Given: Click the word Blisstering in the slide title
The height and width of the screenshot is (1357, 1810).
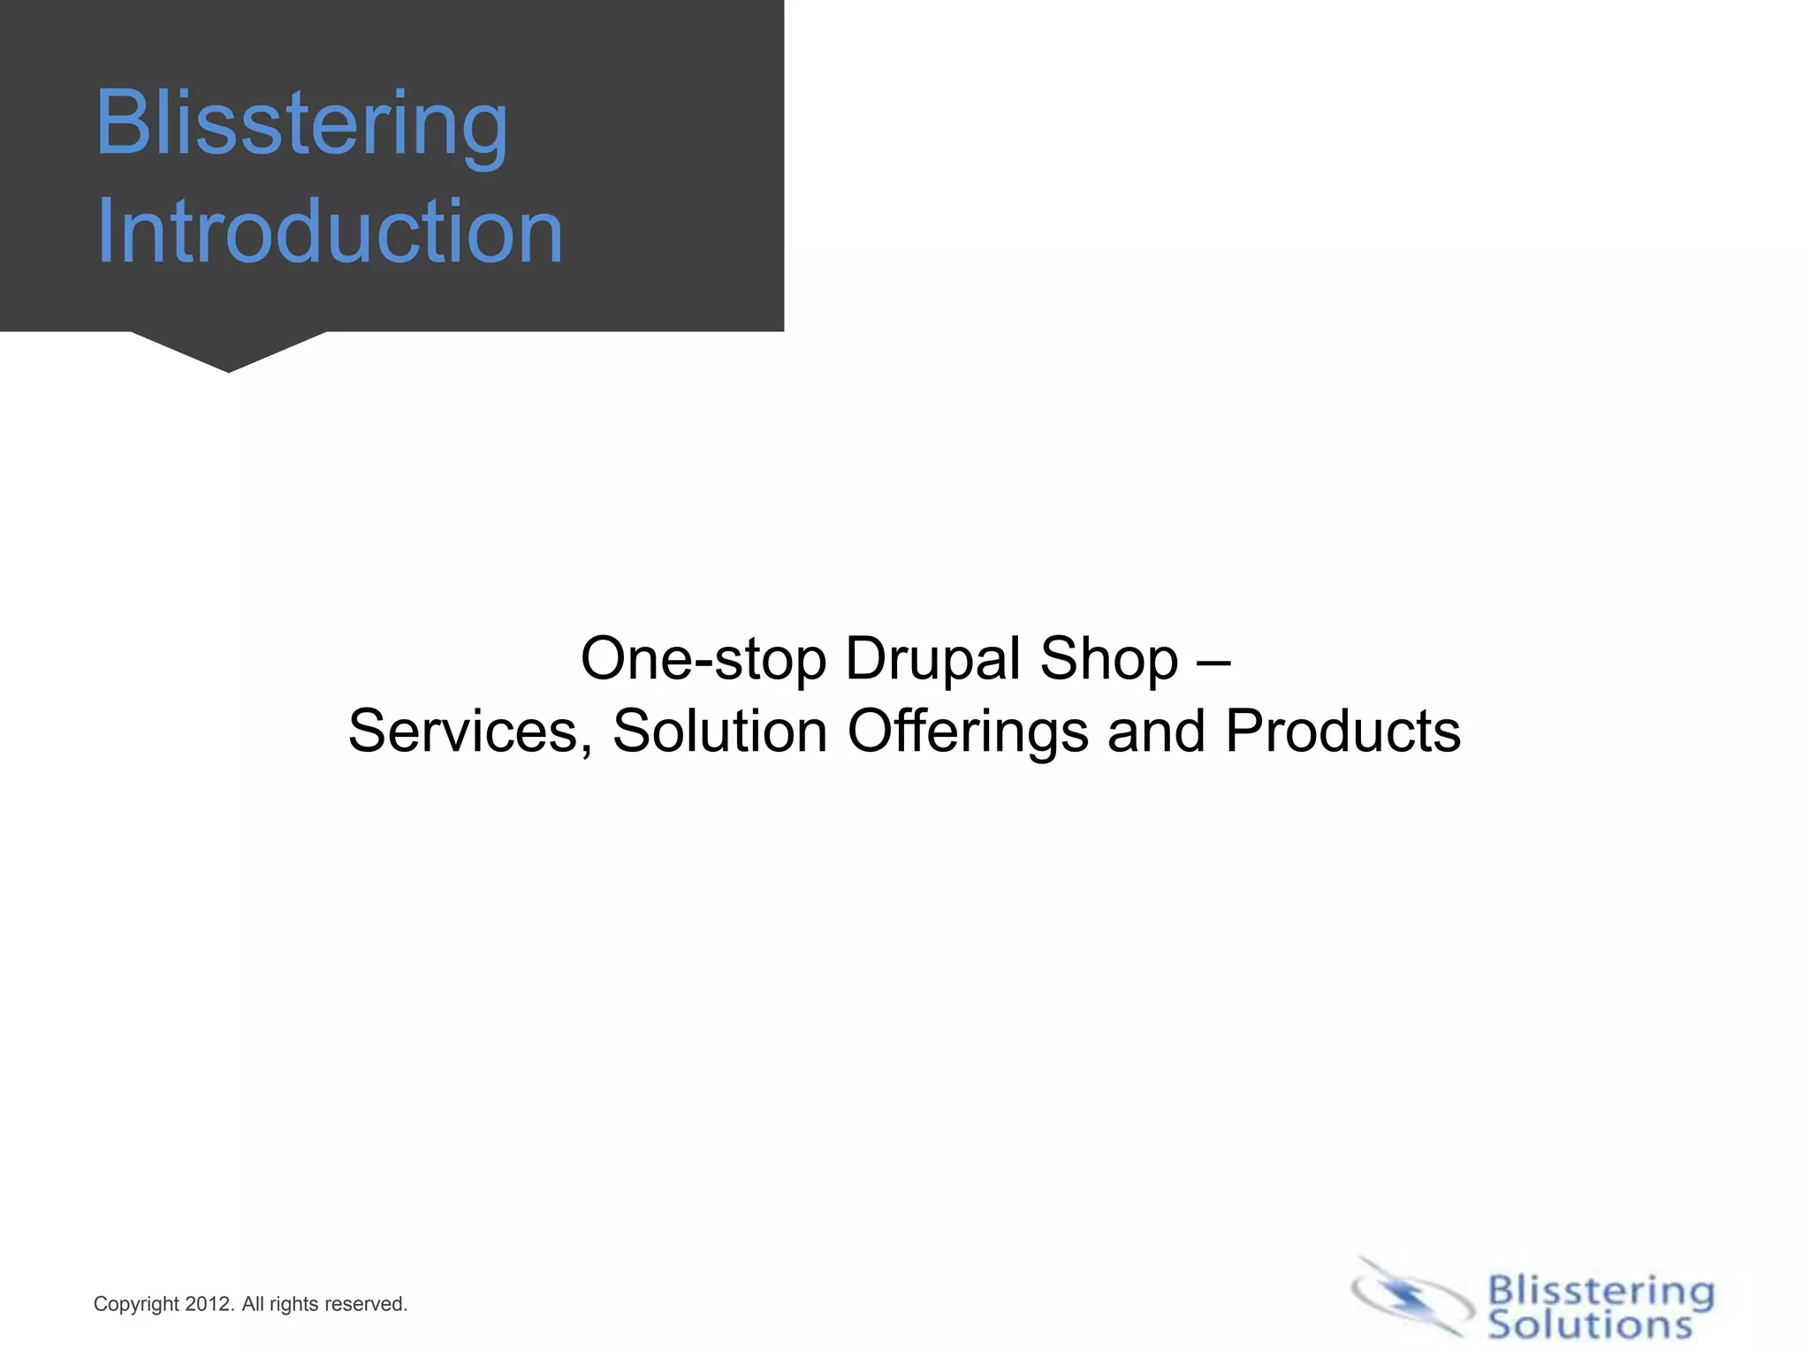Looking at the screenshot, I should click(x=301, y=125).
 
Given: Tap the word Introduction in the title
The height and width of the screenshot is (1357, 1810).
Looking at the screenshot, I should click(x=329, y=231).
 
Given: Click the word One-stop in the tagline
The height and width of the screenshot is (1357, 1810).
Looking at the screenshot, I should click(x=703, y=659).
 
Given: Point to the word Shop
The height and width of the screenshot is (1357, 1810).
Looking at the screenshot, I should click(x=1109, y=659).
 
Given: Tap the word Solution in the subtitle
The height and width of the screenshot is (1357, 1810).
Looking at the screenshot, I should click(x=719, y=732).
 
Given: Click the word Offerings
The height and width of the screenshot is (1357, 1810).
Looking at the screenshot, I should click(x=968, y=732).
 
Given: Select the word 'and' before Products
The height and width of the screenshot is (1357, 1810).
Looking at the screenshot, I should click(x=1156, y=732).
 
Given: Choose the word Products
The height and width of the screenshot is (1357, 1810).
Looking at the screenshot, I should click(x=1342, y=732).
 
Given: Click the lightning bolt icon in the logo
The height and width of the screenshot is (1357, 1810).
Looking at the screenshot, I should click(x=1406, y=1297).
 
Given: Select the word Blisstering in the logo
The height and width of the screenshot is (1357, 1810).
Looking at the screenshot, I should click(x=1601, y=1291).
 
